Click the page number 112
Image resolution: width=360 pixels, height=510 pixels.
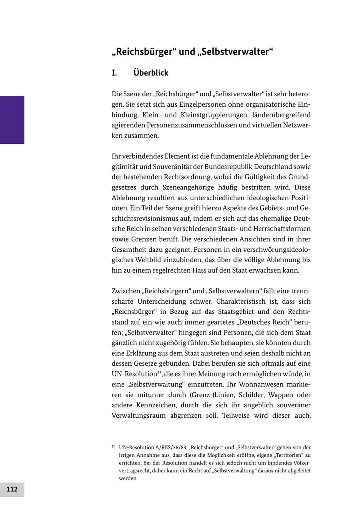(x=12, y=489)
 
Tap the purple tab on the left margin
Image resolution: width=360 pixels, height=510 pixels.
(x=12, y=120)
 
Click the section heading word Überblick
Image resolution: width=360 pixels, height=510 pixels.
(x=151, y=73)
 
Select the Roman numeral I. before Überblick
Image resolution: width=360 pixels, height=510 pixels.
(x=114, y=73)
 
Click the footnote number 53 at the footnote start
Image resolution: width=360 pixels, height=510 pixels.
(x=113, y=447)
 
